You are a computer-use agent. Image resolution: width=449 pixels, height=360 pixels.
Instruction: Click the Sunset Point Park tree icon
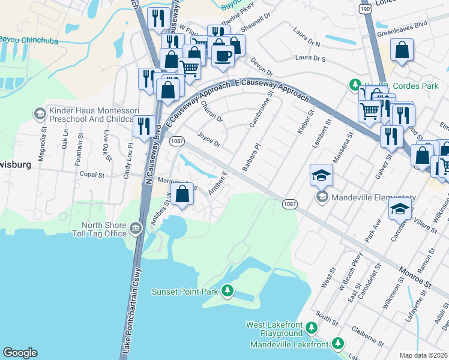click(x=227, y=292)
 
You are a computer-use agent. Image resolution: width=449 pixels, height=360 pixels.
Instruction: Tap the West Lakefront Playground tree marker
click(x=311, y=328)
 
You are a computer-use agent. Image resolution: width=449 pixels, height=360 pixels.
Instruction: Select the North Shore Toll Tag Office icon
click(x=135, y=228)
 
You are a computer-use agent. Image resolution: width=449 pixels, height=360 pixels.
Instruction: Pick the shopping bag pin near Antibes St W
click(x=182, y=194)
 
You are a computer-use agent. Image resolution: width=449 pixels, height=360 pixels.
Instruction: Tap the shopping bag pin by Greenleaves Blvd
click(x=402, y=52)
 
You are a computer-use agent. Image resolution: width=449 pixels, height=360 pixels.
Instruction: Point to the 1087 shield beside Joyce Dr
click(x=176, y=141)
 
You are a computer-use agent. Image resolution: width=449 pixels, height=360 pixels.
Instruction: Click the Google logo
click(x=20, y=353)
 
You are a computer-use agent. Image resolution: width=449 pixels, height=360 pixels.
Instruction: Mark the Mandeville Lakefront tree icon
click(x=338, y=344)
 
